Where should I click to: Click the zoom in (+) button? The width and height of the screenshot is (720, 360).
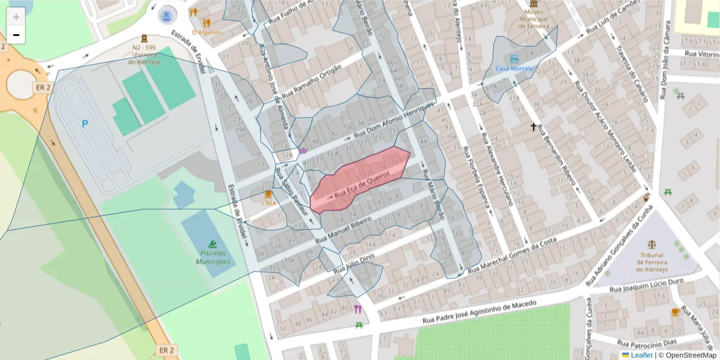pos(16,17)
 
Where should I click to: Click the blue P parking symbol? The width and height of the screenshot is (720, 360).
pos(85,124)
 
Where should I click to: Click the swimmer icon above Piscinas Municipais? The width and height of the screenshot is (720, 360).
pos(213,244)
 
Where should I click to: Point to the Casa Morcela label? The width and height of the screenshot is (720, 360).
pos(514,69)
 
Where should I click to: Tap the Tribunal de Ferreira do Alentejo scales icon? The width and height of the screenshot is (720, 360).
pos(652,244)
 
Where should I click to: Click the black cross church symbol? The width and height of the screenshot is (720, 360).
pos(533,127)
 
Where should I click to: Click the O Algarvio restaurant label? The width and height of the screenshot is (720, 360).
pos(206,32)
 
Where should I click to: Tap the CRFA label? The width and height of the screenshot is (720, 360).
pos(269,203)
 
